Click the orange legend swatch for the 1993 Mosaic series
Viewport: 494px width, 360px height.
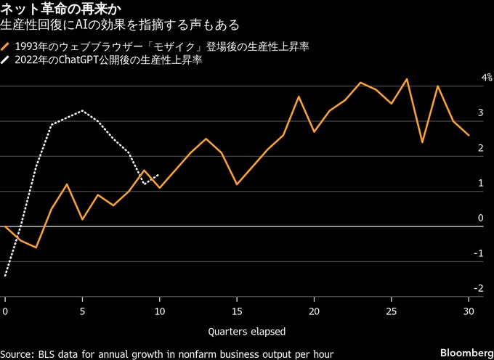click(x=7, y=47)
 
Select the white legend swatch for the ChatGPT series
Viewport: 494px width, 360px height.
click(x=7, y=62)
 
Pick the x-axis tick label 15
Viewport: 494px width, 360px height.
click(x=237, y=311)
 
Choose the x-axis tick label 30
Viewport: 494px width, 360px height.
click(x=469, y=311)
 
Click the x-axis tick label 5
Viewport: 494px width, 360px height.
click(x=82, y=311)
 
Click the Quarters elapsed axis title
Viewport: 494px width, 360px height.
click(x=246, y=331)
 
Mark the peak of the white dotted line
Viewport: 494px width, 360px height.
click(x=82, y=110)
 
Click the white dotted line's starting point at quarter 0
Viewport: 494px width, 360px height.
click(x=5, y=276)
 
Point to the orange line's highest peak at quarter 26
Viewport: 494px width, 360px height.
click(x=407, y=78)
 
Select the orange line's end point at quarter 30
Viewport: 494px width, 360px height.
click(x=469, y=135)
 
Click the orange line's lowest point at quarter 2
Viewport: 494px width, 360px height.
click(x=36, y=247)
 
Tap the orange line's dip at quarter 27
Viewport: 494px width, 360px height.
click(x=422, y=142)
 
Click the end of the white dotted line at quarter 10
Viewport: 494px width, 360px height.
click(x=159, y=174)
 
